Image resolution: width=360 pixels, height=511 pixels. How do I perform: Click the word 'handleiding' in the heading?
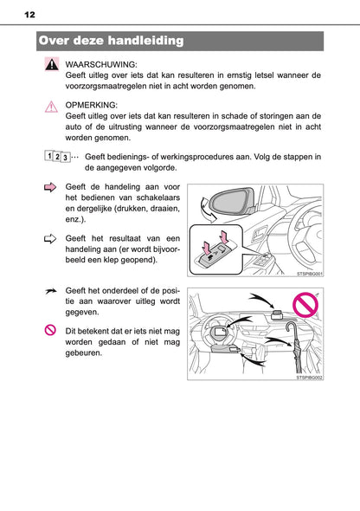(x=140, y=41)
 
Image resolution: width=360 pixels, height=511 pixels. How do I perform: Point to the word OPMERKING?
(x=92, y=103)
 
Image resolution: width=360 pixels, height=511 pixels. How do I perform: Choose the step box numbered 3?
(x=66, y=157)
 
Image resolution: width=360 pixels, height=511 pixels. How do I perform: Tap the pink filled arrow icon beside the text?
(x=50, y=187)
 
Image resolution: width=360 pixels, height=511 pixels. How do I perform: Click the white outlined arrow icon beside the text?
(x=50, y=237)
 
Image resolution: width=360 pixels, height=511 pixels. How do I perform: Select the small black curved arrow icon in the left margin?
(x=50, y=294)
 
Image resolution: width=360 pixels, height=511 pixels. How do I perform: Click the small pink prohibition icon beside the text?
(x=50, y=331)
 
